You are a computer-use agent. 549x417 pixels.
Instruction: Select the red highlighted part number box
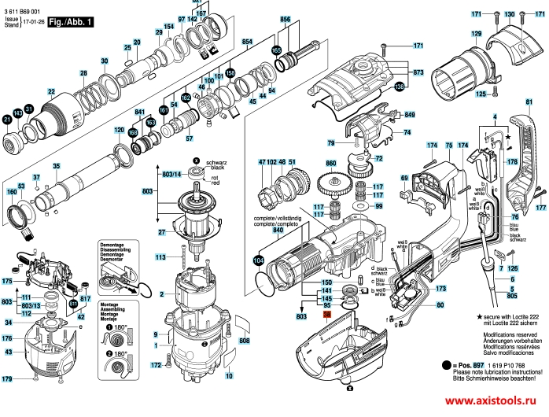pyautogui.click(x=328, y=313)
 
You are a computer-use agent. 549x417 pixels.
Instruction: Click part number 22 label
pyautogui.click(x=51, y=92)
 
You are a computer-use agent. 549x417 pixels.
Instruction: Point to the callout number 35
pyautogui.click(x=56, y=167)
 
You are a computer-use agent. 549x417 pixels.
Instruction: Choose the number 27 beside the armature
pyautogui.click(x=162, y=232)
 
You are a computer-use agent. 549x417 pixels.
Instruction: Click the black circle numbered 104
pyautogui.click(x=259, y=260)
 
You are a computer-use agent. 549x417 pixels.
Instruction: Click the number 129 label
pyautogui.click(x=475, y=35)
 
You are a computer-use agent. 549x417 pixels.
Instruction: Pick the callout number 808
pyautogui.click(x=244, y=340)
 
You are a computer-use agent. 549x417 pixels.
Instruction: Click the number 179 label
pyautogui.click(x=8, y=380)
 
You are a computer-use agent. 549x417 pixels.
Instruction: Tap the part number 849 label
pyautogui.click(x=409, y=116)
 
